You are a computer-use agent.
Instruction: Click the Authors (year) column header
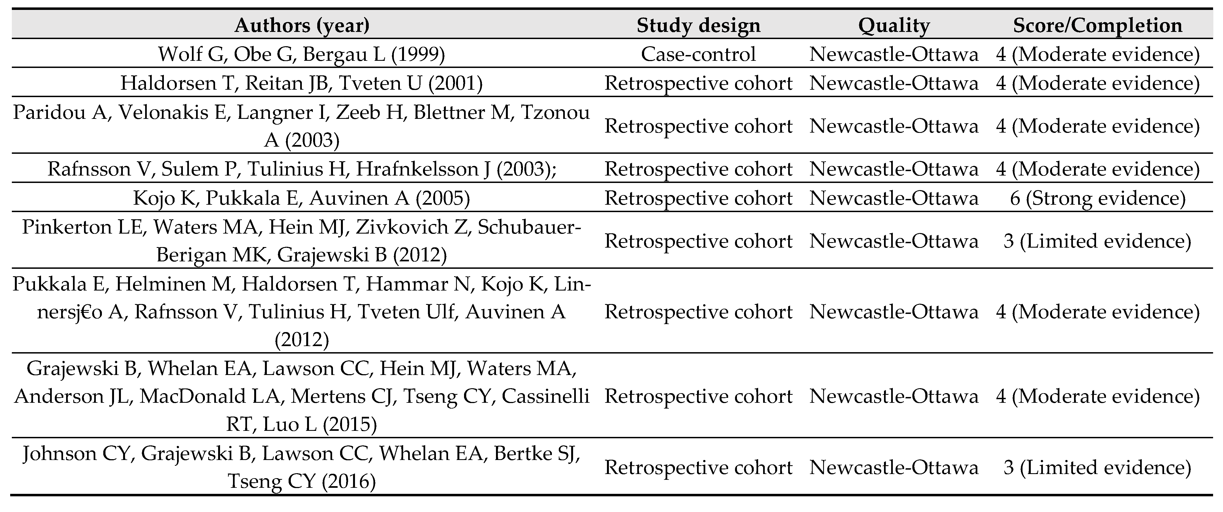302,25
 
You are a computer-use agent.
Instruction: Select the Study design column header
698,25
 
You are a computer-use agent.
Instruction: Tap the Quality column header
894,25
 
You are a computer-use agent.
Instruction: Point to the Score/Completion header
1098,25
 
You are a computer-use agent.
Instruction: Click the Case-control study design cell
698,54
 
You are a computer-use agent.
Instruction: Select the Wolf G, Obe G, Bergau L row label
302,54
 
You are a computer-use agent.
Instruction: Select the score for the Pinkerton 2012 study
1098,241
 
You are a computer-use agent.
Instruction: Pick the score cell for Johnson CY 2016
1098,467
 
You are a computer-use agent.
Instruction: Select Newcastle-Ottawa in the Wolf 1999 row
894,54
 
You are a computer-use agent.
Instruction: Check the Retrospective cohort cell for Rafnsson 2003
698,169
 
